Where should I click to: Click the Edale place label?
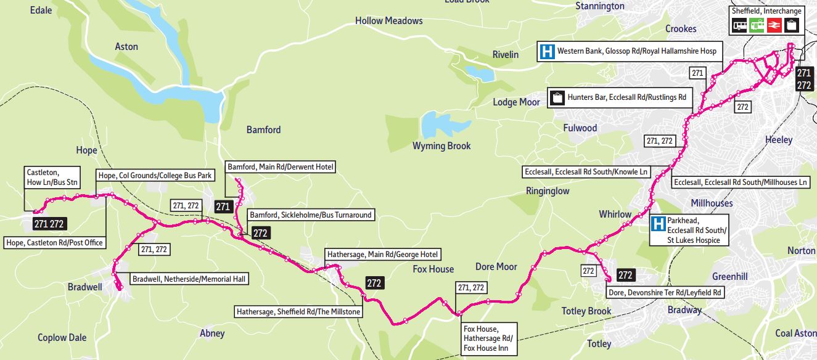[41, 10]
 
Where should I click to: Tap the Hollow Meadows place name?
[388, 21]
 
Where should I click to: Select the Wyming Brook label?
[441, 146]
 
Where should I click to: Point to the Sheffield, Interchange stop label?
[766, 11]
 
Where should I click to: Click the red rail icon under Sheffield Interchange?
[774, 25]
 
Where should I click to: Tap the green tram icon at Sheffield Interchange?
[757, 25]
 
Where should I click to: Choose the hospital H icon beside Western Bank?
[546, 51]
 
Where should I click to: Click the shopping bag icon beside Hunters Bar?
[557, 97]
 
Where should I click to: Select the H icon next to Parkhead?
[659, 224]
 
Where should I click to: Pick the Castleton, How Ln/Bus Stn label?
[52, 176]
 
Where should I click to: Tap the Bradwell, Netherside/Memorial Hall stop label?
[189, 279]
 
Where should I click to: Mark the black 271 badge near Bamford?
[223, 207]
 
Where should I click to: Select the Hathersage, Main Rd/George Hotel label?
[383, 254]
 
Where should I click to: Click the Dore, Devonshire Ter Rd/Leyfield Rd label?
[665, 292]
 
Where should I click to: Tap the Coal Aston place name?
[795, 333]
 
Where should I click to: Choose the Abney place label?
[212, 333]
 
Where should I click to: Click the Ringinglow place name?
[547, 191]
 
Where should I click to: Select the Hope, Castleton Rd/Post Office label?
[55, 243]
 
